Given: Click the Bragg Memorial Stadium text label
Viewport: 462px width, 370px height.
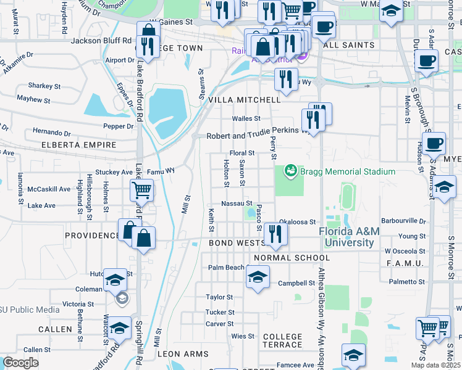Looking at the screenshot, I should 347,171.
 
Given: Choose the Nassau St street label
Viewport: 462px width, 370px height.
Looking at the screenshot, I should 237,203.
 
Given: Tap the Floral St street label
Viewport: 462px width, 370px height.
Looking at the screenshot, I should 242,152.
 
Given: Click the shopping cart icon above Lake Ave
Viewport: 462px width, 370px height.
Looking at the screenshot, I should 142,191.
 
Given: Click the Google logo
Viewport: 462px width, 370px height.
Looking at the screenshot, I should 21,362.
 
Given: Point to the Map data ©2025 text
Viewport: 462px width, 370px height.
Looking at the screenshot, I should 435,365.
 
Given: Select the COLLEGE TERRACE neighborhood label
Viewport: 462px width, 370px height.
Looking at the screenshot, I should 282,341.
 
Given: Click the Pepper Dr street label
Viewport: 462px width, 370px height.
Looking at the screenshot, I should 119,126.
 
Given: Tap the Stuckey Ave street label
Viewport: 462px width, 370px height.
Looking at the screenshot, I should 114,172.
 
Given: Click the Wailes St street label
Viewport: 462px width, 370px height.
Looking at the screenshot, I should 246,118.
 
